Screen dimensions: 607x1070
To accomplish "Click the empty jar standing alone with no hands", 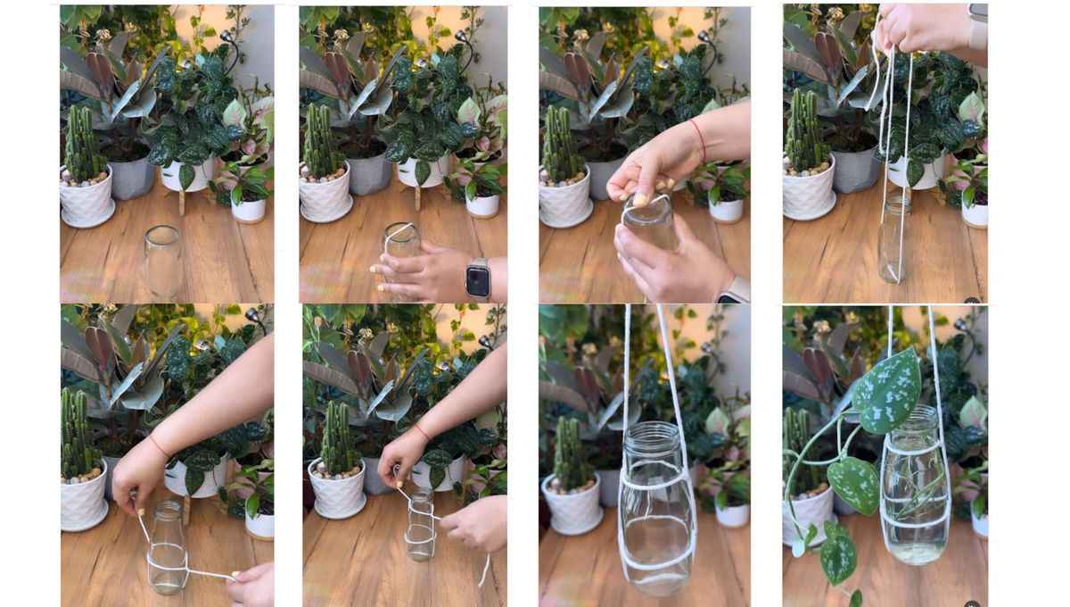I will [164, 262].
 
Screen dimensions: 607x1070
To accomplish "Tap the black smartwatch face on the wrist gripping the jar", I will [478, 280].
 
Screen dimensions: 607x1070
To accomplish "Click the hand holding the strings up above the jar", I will [922, 27].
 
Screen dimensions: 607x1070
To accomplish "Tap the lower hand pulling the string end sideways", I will [252, 584].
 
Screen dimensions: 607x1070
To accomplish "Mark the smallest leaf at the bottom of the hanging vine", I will [855, 596].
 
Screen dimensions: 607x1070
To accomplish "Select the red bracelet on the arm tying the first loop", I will [158, 444].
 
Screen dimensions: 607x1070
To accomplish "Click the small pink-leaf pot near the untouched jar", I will [249, 201].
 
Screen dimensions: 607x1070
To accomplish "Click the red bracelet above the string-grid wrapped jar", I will [421, 431].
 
